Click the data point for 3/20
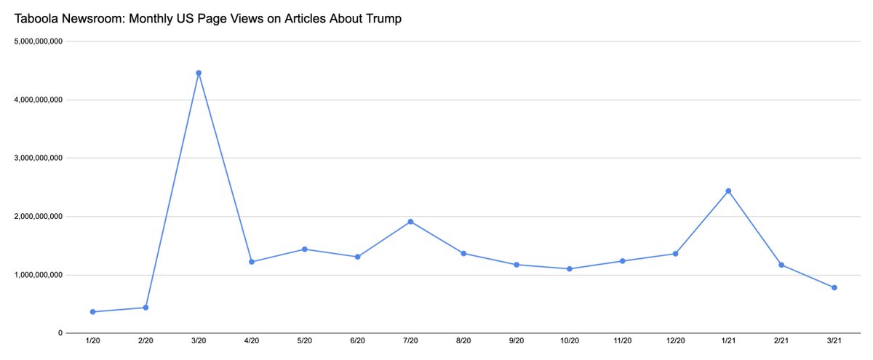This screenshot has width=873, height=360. click(199, 73)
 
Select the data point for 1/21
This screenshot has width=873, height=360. click(728, 191)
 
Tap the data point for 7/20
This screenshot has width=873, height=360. click(410, 222)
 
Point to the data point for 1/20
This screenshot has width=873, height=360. click(92, 312)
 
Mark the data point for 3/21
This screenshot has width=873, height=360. click(834, 288)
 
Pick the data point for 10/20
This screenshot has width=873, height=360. click(570, 269)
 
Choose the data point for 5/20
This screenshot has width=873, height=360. click(305, 249)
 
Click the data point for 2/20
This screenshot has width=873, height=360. click(145, 308)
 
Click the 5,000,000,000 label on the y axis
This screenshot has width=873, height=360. click(39, 41)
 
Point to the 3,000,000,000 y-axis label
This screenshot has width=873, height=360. click(39, 158)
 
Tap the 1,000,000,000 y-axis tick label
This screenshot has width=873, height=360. click(39, 275)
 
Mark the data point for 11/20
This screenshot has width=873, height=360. click(623, 261)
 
